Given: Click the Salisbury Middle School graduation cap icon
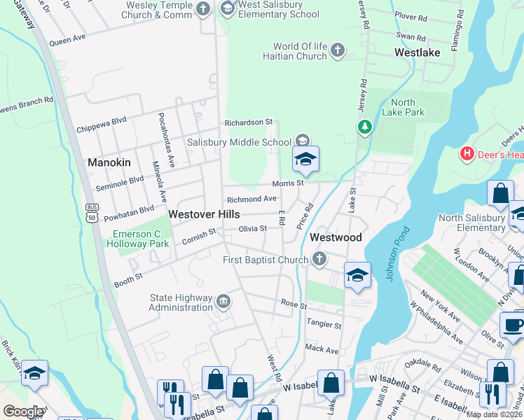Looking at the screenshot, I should pyautogui.click(x=303, y=141).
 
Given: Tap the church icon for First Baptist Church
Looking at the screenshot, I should pyautogui.click(x=319, y=260).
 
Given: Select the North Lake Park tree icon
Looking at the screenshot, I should pyautogui.click(x=364, y=127).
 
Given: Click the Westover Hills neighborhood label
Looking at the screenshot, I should pyautogui.click(x=204, y=214).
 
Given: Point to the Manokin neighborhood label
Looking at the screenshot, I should pyautogui.click(x=109, y=162).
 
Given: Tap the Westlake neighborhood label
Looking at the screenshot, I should pyautogui.click(x=417, y=52).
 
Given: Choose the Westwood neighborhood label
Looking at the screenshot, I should pyautogui.click(x=336, y=237).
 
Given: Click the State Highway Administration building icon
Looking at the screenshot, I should pyautogui.click(x=223, y=302).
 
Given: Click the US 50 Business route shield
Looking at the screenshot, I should pyautogui.click(x=92, y=213).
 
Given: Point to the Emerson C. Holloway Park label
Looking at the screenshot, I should pyautogui.click(x=138, y=239).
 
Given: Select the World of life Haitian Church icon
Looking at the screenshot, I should pyautogui.click(x=338, y=50).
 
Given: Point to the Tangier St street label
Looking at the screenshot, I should pyautogui.click(x=324, y=325).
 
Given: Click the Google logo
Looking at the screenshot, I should pyautogui.click(x=23, y=412).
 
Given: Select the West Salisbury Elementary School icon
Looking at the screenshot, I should pyautogui.click(x=227, y=9).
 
